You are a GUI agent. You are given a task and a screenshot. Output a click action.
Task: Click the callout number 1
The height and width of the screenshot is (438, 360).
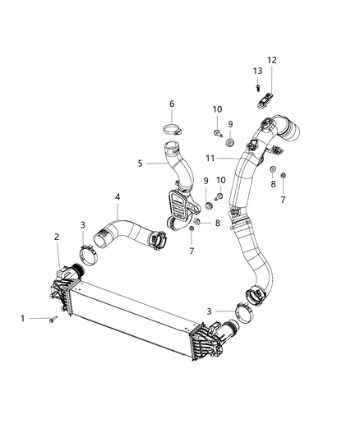23,316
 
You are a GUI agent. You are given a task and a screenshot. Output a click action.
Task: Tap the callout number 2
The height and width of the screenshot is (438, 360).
57,237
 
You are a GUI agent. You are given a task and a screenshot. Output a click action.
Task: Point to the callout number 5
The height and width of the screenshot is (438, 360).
140,163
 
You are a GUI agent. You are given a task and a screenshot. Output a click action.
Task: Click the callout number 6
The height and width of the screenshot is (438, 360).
172,104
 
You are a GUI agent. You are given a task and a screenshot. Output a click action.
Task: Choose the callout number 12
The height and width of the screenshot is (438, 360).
271,60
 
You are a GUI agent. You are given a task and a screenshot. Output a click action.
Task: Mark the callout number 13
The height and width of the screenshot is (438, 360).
256,71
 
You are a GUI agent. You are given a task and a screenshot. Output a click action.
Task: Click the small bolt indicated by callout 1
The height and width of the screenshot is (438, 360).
52,319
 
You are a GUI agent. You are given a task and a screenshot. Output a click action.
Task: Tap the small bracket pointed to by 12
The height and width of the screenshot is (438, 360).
265,99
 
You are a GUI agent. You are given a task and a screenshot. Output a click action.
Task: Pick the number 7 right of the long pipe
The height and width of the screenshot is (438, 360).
283,199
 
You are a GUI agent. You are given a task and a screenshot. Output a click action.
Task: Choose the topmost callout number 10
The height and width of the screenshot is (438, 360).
217,109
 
